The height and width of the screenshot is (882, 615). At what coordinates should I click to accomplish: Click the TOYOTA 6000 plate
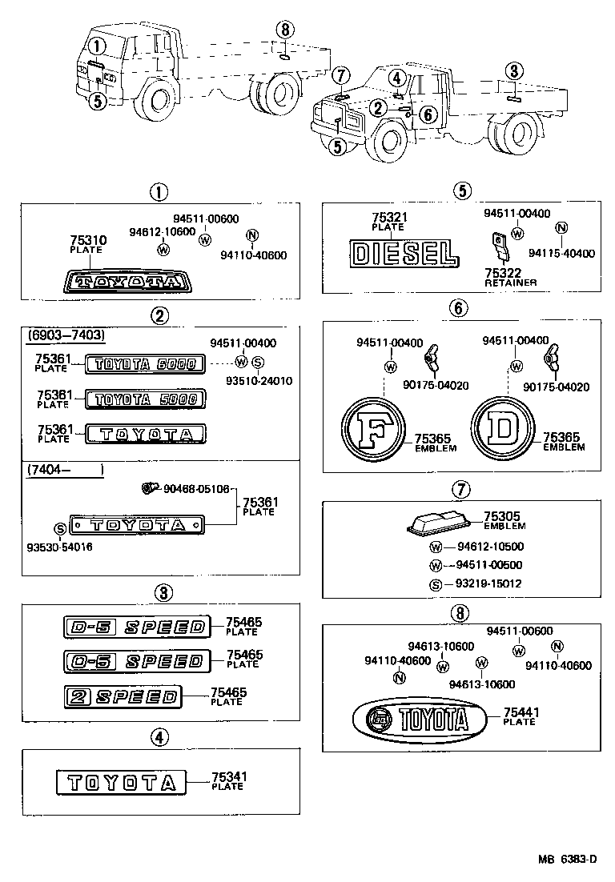[145, 364]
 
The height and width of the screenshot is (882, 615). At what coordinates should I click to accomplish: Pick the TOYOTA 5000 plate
[145, 398]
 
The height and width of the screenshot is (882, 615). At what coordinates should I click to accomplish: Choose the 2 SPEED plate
[133, 697]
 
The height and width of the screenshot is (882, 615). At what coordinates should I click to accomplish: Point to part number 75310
[86, 239]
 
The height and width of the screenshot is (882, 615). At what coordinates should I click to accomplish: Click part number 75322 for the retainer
[501, 273]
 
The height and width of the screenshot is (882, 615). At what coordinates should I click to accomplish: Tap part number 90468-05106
[195, 488]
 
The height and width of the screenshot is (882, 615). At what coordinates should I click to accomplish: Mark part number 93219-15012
[488, 583]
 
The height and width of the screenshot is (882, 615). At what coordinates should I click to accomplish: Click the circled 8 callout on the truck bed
[283, 30]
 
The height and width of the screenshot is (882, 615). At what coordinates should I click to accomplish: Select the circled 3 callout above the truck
[514, 71]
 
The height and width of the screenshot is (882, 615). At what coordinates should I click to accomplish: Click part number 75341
[229, 776]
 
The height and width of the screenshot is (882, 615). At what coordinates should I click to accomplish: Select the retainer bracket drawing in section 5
[500, 245]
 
